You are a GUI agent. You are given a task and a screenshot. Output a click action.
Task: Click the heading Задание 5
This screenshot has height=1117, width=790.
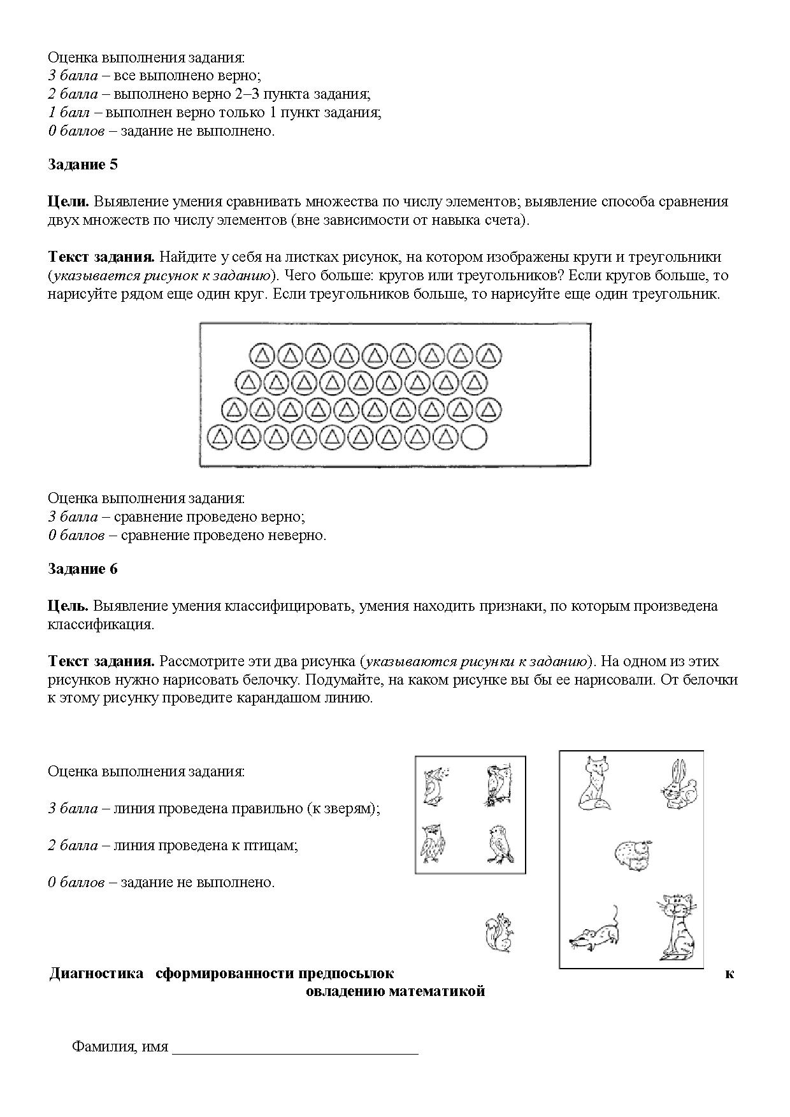pyautogui.click(x=83, y=165)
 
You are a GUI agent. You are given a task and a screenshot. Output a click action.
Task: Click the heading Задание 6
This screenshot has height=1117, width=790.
pyautogui.click(x=83, y=569)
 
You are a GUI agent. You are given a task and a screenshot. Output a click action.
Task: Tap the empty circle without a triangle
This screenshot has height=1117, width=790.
pyautogui.click(x=473, y=437)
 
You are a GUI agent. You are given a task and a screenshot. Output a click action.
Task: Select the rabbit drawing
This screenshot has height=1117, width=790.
pyautogui.click(x=679, y=785)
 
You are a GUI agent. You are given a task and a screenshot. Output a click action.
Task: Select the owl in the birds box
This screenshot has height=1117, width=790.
pyautogui.click(x=433, y=844)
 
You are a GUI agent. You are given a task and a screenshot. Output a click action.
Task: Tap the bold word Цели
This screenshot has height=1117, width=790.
pyautogui.click(x=68, y=202)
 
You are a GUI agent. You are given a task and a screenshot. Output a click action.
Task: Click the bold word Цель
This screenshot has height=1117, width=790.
pyautogui.click(x=68, y=606)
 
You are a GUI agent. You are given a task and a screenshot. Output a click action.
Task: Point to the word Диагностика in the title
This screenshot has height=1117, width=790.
pyautogui.click(x=96, y=973)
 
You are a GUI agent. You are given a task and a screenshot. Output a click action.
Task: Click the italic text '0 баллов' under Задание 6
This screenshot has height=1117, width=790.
pyautogui.click(x=76, y=883)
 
